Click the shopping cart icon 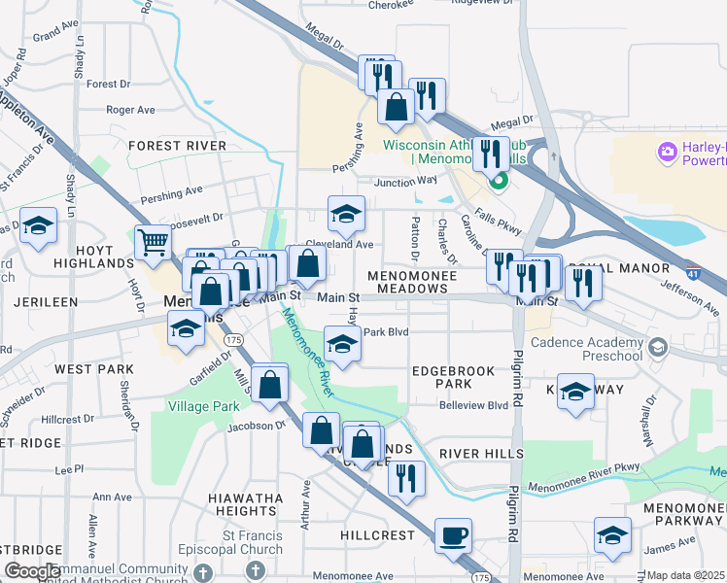pos(154,242)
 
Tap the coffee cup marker pos(453,535)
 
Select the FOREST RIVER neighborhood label pos(177,146)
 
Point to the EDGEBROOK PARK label pos(446,377)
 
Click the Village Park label pos(203,405)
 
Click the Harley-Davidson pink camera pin pos(668,152)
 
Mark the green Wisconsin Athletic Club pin pos(498,180)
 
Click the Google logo pos(33,571)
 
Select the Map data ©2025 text pos(685,575)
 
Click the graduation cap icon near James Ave pos(612,535)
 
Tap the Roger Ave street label pos(131,110)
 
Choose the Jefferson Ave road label pos(689,296)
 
